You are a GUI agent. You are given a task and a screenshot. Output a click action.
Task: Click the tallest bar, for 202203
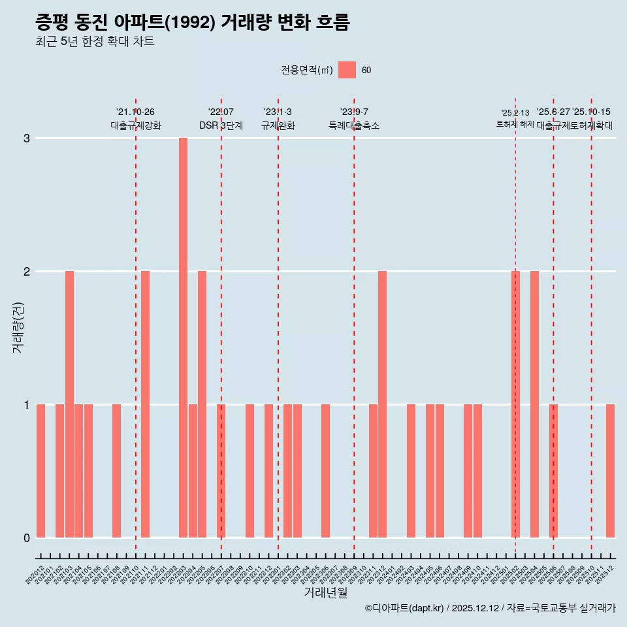click(x=183, y=338)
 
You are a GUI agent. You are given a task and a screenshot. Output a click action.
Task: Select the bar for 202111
click(x=145, y=404)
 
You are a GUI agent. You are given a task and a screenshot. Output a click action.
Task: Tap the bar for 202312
click(x=382, y=404)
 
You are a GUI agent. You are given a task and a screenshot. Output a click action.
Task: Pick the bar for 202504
click(x=534, y=404)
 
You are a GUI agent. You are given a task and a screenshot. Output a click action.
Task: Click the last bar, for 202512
click(x=610, y=471)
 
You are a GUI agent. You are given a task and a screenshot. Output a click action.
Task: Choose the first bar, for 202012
click(x=40, y=471)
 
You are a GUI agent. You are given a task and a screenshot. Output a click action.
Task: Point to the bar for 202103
click(x=69, y=404)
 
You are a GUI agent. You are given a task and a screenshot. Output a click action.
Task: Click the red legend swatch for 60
click(x=347, y=71)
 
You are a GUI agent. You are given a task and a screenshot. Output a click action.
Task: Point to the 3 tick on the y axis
click(x=27, y=138)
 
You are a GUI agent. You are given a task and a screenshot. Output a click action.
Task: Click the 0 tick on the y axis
click(x=27, y=538)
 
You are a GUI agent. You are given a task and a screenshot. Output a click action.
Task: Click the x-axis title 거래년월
click(x=325, y=593)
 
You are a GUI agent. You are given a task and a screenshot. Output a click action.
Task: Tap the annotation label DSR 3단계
click(x=221, y=125)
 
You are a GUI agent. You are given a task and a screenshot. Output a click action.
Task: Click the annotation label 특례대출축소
click(x=353, y=125)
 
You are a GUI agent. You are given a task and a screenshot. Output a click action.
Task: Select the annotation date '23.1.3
click(x=278, y=112)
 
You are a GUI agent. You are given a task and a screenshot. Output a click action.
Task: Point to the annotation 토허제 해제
click(x=515, y=124)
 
